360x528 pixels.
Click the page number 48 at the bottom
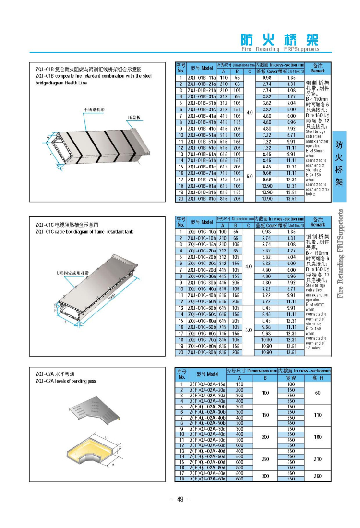click(180, 499)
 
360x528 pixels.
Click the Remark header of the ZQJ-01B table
click(317, 68)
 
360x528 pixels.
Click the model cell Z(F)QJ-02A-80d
click(208, 468)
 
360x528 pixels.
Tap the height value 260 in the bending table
click(317, 476)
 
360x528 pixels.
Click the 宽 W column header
click(291, 378)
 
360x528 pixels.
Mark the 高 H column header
click(317, 378)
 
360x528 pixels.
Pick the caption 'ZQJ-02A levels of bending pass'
click(66, 381)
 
